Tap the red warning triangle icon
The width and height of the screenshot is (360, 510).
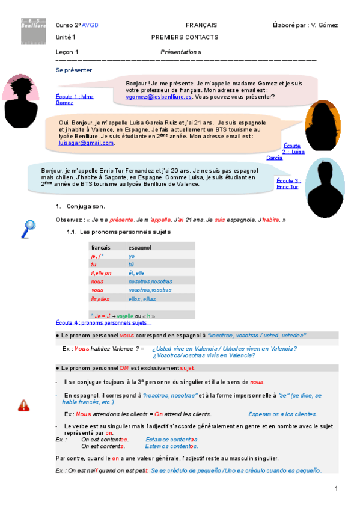point(23,405)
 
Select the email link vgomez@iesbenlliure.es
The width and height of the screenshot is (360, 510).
point(159,96)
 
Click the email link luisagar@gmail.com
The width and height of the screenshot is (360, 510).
point(86,143)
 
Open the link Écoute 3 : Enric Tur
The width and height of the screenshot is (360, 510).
point(287,183)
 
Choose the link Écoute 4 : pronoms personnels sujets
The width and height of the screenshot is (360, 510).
point(102,322)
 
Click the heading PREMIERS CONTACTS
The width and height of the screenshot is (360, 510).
point(185,37)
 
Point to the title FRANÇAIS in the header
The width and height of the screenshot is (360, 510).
point(201,25)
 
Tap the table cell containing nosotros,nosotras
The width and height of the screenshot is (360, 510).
point(150,281)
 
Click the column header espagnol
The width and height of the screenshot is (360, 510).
point(140,247)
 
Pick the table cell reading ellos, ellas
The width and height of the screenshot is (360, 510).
point(142,299)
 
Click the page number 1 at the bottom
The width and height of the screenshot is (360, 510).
point(337,488)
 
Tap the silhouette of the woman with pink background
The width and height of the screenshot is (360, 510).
point(23,99)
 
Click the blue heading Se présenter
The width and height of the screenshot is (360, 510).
point(74,70)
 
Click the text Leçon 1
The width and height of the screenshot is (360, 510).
point(67,52)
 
